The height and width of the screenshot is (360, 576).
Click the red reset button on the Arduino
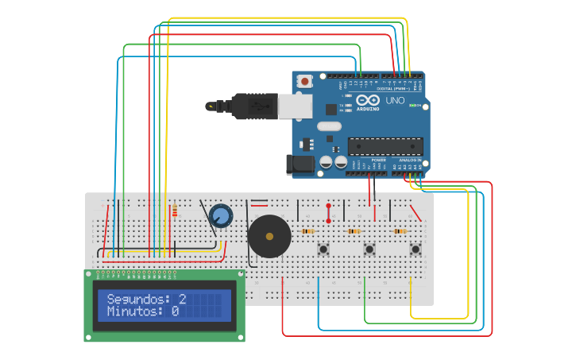tap(305, 81)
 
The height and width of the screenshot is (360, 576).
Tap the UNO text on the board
tap(395, 101)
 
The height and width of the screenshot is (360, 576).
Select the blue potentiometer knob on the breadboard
tap(221, 215)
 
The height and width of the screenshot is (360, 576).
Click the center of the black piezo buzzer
tap(269, 236)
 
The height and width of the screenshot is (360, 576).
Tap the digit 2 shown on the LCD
tap(182, 299)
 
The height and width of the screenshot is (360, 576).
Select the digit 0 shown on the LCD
tap(175, 312)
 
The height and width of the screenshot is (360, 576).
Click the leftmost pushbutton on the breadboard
tap(323, 250)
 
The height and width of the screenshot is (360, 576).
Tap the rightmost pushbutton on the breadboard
tap(415, 250)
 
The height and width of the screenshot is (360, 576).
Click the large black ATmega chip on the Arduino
tap(385, 146)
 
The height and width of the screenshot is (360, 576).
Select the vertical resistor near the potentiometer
tap(175, 211)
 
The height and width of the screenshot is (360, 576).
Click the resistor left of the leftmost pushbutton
tap(307, 231)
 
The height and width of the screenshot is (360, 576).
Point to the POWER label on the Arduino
tap(378, 160)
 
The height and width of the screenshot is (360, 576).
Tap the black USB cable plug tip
tap(211, 106)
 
